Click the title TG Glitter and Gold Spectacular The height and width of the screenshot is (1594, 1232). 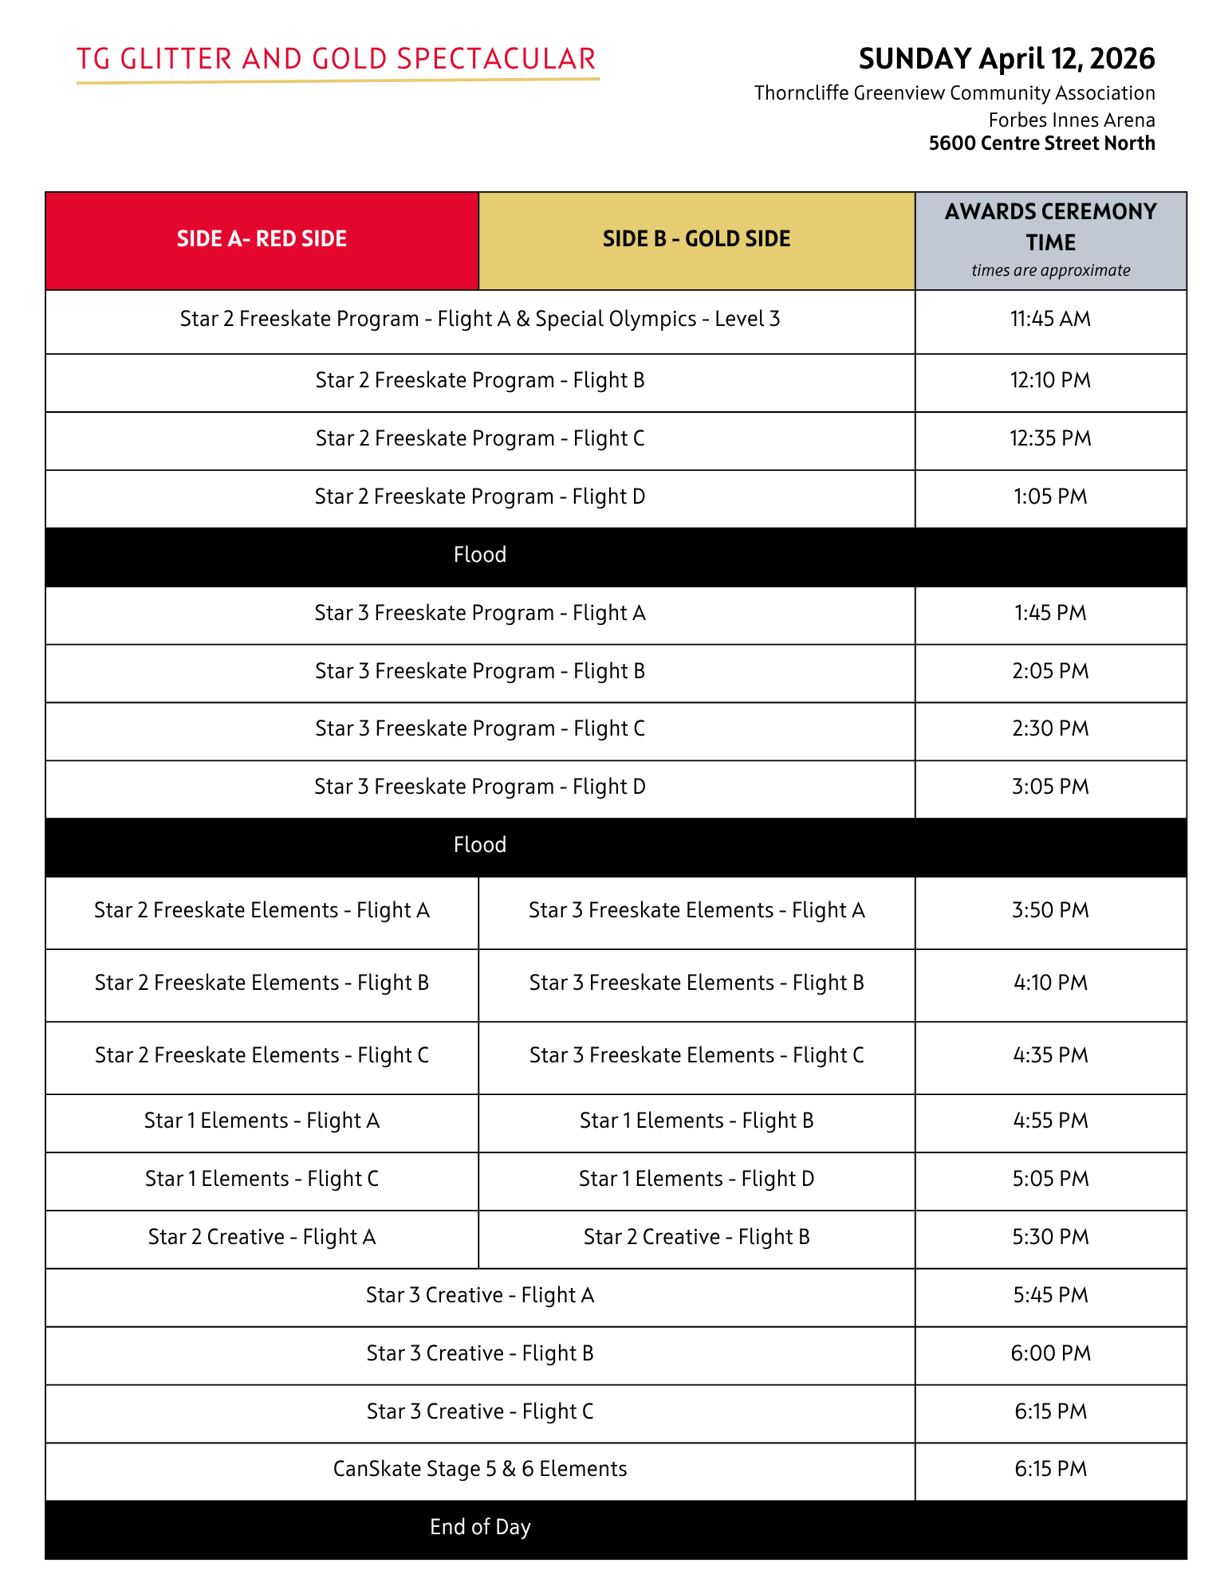pyautogui.click(x=337, y=60)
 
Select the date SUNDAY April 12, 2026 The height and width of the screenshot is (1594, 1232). pyautogui.click(x=1006, y=59)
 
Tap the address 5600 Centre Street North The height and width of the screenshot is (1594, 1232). pyautogui.click(x=1041, y=143)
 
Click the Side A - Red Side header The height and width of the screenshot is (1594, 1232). pyautogui.click(x=262, y=239)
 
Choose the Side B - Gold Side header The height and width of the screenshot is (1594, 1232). pyautogui.click(x=696, y=239)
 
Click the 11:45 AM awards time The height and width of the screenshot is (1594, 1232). pyautogui.click(x=1050, y=320)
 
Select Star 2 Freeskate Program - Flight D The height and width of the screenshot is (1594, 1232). pyautogui.click(x=480, y=497)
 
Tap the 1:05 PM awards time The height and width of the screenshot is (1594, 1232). pyautogui.click(x=1050, y=497)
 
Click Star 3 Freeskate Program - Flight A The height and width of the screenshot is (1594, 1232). pyautogui.click(x=480, y=614)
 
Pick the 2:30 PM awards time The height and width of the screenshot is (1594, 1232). pyautogui.click(x=1050, y=729)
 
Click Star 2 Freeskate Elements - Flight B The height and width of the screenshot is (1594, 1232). pyautogui.click(x=262, y=983)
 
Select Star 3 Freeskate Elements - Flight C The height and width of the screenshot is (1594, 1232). pyautogui.click(x=696, y=1056)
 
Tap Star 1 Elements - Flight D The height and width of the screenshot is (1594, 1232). pyautogui.click(x=696, y=1180)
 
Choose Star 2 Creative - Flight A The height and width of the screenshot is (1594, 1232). pyautogui.click(x=262, y=1238)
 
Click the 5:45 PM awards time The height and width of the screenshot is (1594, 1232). pyautogui.click(x=1050, y=1296)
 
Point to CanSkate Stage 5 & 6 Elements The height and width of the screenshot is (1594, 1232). pyautogui.click(x=480, y=1470)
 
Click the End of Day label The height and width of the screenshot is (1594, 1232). pyautogui.click(x=480, y=1528)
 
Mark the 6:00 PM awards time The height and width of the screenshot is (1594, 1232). pyautogui.click(x=1050, y=1354)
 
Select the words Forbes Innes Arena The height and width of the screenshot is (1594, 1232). pyautogui.click(x=1071, y=120)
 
